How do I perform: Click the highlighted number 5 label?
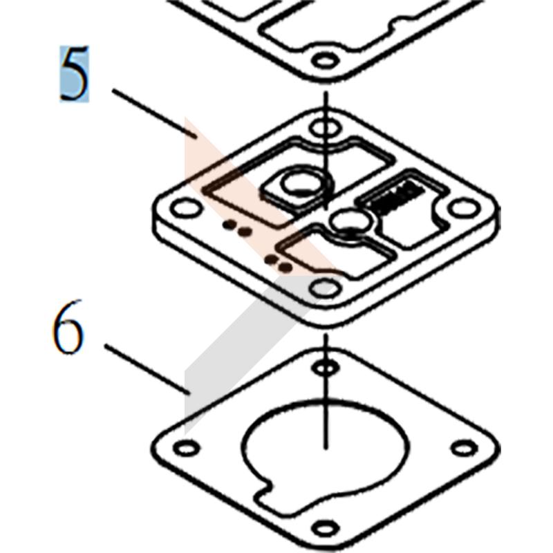tap(74, 74)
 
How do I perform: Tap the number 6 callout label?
tap(68, 327)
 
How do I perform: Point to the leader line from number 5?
tap(154, 113)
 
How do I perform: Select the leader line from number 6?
tap(147, 369)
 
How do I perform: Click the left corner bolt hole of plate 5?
tap(187, 207)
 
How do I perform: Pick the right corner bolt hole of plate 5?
tap(464, 207)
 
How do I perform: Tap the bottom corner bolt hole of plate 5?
tap(325, 287)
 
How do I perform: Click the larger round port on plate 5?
tap(302, 182)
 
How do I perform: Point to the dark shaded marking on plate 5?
tap(400, 198)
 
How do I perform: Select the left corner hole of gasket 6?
tap(187, 448)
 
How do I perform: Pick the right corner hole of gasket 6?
tap(465, 448)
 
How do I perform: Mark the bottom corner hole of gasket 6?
tap(326, 529)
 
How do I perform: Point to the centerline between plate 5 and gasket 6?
tap(326, 391)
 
